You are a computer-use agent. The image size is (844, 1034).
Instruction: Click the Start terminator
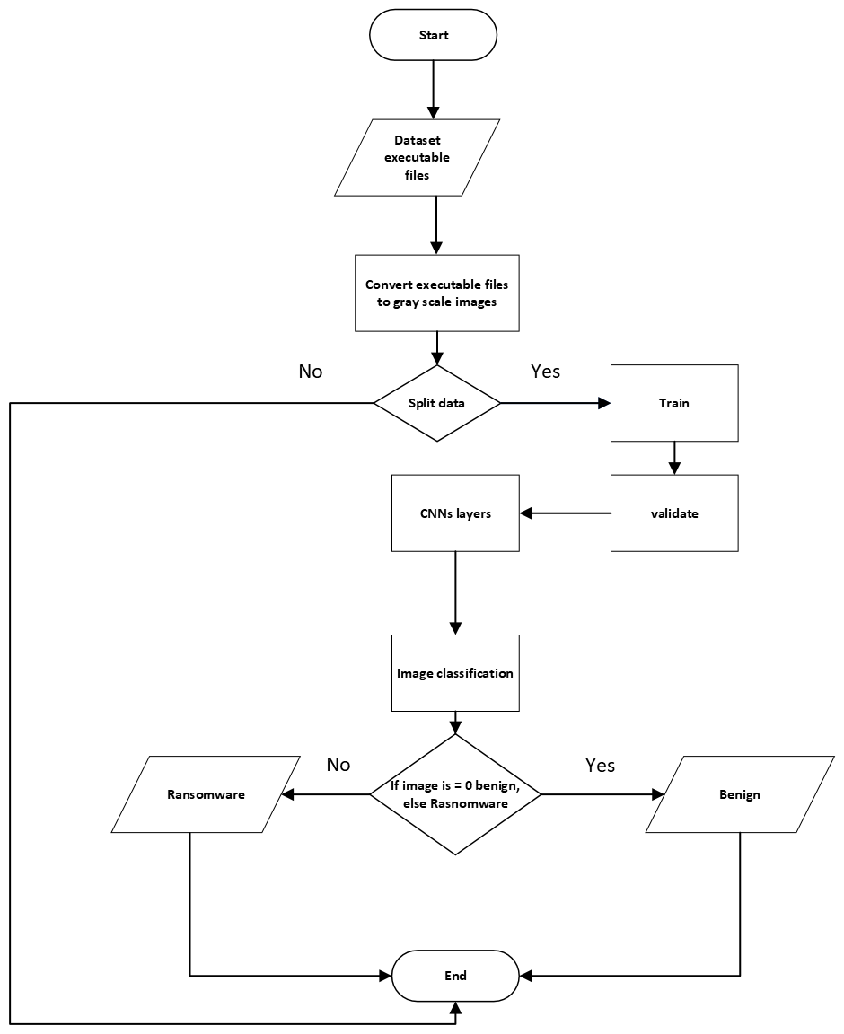433,35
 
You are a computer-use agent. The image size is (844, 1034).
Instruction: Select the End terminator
455,976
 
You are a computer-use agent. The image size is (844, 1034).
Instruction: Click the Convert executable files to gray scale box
436,293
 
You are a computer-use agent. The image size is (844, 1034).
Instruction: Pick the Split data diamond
436,403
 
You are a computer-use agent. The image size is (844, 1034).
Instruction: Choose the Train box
674,403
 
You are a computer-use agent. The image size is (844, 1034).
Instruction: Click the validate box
674,513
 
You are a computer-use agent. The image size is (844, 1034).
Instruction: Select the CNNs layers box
455,513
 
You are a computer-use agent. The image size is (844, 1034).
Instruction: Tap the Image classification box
455,672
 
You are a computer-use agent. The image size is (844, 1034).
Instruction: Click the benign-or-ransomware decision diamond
455,794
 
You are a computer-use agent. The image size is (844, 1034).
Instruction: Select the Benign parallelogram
740,794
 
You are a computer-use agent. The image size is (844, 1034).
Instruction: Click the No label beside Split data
311,372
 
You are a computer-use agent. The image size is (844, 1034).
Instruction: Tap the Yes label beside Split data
545,372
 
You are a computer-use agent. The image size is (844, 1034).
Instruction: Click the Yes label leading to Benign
600,765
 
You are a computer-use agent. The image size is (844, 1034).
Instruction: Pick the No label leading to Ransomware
338,765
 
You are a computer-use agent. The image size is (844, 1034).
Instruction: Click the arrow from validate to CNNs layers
566,513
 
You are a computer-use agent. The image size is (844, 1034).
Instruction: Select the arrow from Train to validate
674,458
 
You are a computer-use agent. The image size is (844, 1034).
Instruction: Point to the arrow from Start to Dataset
433,91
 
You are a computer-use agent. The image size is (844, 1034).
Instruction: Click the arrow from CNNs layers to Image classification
455,592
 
